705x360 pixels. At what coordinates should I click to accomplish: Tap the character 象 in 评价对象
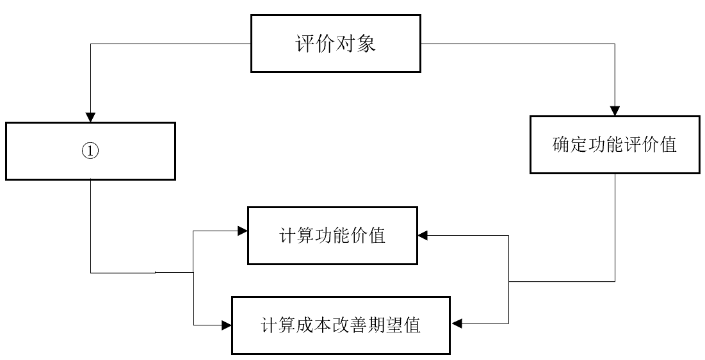tap(367, 45)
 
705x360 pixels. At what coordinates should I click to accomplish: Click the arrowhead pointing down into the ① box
tap(90, 117)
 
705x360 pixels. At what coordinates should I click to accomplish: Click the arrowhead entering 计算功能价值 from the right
tap(423, 235)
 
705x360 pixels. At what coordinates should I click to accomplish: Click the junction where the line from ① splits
tap(193, 272)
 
